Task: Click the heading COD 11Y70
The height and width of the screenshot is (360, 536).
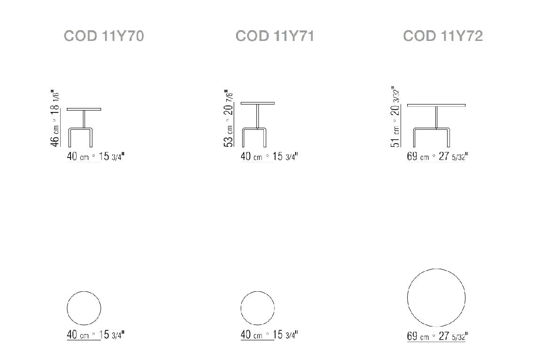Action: (x=104, y=36)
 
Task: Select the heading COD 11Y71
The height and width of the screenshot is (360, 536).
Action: (x=275, y=36)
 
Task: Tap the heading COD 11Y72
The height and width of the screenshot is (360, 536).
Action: (x=443, y=36)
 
